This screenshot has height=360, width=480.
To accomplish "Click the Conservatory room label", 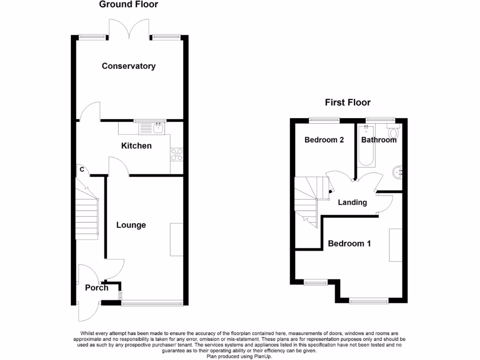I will click(x=128, y=66).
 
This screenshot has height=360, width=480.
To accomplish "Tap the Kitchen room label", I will click(x=136, y=146).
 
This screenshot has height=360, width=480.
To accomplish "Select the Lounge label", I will click(x=131, y=225).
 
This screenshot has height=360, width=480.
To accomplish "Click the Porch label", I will click(x=97, y=287).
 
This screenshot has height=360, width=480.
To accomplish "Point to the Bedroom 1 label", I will click(x=349, y=243).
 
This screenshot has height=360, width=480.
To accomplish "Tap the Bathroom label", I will click(x=379, y=140).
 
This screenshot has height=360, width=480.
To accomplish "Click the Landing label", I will click(x=352, y=202).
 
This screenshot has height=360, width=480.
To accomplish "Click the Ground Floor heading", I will click(x=128, y=5).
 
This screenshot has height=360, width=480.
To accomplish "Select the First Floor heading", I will click(x=348, y=103).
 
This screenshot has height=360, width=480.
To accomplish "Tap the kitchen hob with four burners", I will click(x=177, y=154).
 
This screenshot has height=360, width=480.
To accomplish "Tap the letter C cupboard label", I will click(x=82, y=170).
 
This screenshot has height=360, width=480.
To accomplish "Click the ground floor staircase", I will click(x=87, y=213).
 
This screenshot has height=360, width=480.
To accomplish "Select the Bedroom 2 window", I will click(x=324, y=120).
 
